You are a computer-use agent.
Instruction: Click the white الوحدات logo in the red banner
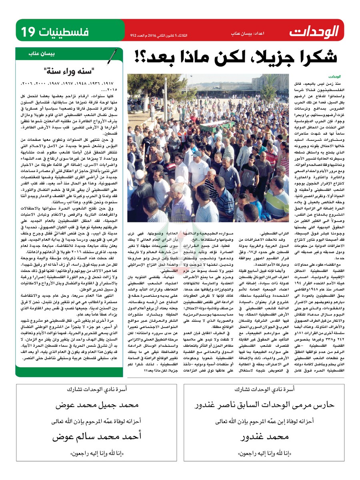click(314, 30)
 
